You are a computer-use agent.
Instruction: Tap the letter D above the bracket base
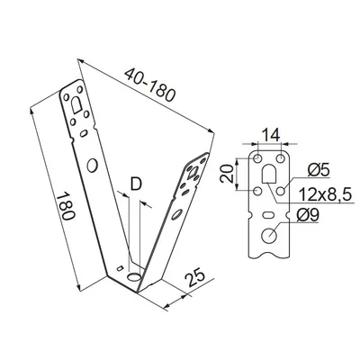point(136,184)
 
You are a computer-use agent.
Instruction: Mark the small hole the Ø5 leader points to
point(282,191)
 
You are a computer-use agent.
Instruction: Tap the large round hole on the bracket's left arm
point(92,166)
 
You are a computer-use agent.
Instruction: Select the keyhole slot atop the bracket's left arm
point(74,103)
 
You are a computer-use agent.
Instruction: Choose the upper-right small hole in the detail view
point(283,158)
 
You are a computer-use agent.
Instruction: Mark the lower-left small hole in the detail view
point(259,191)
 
